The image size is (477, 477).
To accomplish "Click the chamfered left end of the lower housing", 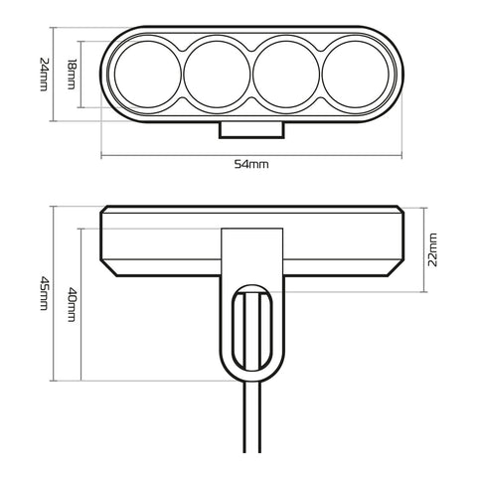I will coord(107,240).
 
